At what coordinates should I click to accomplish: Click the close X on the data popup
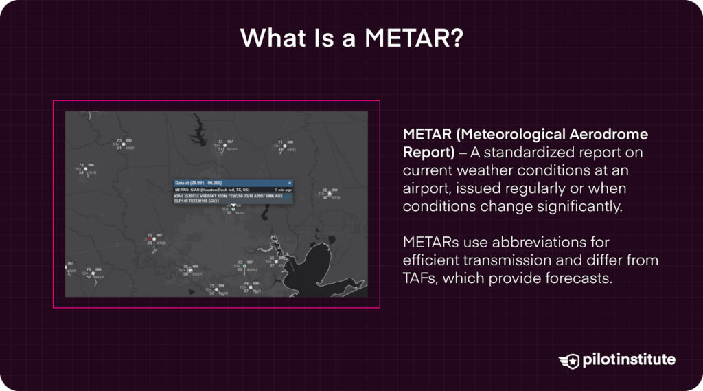click(290, 183)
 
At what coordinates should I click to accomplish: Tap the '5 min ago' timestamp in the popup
click(283, 189)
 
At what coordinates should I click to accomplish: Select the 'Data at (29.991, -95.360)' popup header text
click(199, 183)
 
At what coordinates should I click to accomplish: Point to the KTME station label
click(161, 243)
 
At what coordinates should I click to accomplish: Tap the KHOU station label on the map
click(253, 270)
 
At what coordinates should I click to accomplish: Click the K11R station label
click(93, 172)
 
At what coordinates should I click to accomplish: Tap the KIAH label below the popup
click(240, 213)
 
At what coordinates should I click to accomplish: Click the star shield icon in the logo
click(569, 361)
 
